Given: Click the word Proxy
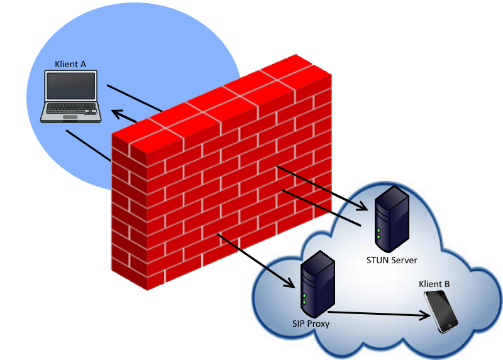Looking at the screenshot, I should [318, 324].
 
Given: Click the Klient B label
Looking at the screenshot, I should [434, 285].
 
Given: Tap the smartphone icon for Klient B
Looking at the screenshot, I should [441, 311].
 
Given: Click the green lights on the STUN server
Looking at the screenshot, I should [379, 234].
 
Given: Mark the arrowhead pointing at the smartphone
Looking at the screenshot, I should [423, 315].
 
